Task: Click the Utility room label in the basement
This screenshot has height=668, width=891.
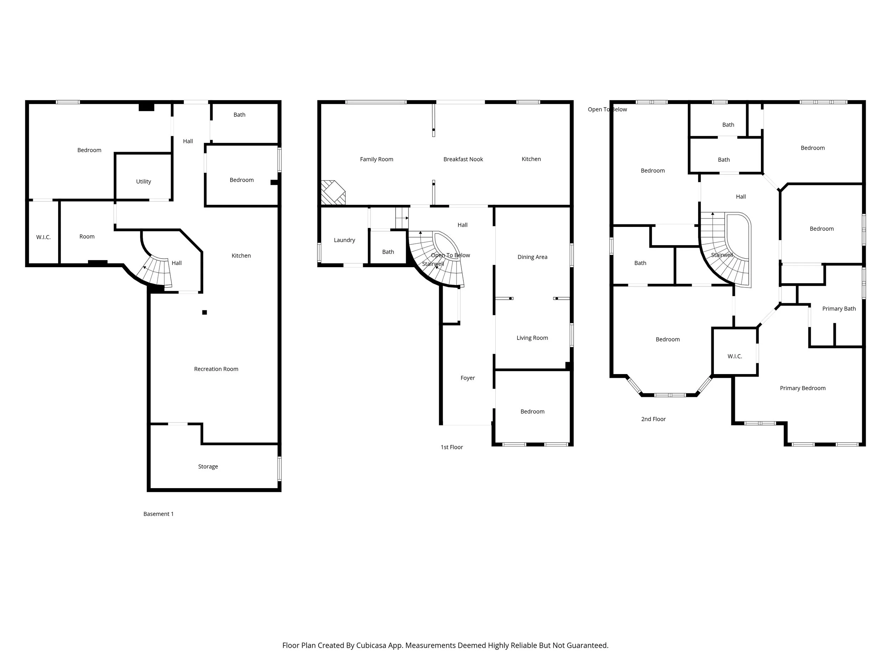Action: [143, 182]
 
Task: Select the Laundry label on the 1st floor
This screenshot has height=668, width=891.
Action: [344, 240]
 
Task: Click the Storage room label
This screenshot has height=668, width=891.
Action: [208, 466]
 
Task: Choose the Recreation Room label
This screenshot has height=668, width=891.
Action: [216, 369]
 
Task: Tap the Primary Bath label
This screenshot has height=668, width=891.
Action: [839, 309]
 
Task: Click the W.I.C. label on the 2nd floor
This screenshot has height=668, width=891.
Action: [734, 356]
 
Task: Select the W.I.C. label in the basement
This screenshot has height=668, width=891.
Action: [43, 237]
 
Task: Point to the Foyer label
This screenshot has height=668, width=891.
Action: [467, 378]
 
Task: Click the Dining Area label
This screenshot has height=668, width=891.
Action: [532, 257]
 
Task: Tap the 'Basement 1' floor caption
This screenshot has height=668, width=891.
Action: [158, 514]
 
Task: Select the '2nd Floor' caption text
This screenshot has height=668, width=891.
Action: [653, 419]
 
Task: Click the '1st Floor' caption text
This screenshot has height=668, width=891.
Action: [452, 447]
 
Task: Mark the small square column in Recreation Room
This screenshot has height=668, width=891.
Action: [205, 312]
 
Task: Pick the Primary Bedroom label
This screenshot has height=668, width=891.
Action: [802, 388]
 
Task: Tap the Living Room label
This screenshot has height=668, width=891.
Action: [532, 338]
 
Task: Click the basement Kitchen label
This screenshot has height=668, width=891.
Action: [241, 256]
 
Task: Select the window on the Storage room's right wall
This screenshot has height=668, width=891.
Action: [279, 468]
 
